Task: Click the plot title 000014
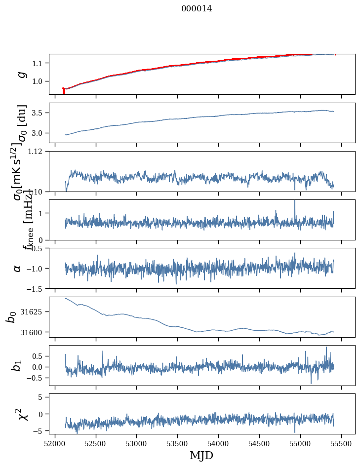[x=197, y=8]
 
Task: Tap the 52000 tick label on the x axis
[x=55, y=443]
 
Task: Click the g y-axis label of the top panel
[x=21, y=74]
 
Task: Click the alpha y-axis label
[x=18, y=268]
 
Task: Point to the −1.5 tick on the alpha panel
[x=37, y=288]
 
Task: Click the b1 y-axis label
[x=17, y=366]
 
